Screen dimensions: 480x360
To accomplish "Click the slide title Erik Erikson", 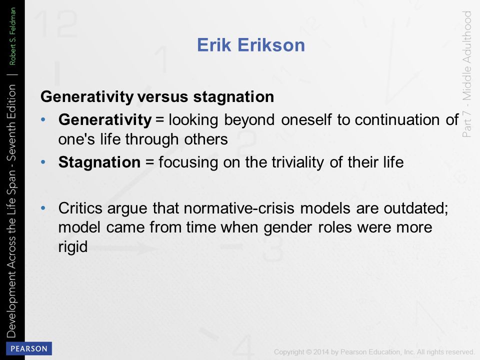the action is [x=251, y=45].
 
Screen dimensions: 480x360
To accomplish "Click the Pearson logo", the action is [x=29, y=348].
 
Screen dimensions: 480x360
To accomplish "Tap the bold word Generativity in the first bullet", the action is [x=105, y=119].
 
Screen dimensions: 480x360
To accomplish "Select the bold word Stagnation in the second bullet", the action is [x=99, y=162].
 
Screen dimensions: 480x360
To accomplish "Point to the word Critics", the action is [x=80, y=208].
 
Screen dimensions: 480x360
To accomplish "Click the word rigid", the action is [x=73, y=246].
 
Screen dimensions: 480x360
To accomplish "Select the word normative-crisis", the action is [x=239, y=208].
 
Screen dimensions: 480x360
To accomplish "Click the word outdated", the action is [x=415, y=208].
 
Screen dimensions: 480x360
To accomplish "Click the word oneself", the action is [x=306, y=119].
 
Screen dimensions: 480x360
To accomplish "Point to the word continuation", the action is [x=397, y=119].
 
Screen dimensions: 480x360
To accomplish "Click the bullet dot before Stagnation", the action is [x=43, y=162].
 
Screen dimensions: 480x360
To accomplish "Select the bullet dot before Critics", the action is [x=43, y=208].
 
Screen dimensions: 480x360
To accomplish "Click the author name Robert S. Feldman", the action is [x=12, y=36].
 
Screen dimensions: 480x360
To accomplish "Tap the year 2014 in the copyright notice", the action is [x=321, y=352].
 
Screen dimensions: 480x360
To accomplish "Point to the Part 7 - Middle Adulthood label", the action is [x=466, y=74].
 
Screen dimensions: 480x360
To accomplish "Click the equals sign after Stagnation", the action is [x=149, y=162].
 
